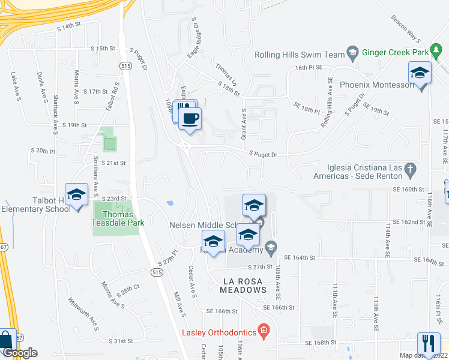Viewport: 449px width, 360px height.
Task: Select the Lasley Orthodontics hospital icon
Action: pos(263,331)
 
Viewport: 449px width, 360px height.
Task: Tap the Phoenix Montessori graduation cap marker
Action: pos(420,74)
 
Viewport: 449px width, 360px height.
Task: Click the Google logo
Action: pos(20,353)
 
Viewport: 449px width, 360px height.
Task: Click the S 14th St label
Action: pos(68,26)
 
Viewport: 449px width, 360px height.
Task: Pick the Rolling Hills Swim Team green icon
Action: pos(352,53)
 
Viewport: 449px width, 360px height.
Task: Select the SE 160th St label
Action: pos(411,188)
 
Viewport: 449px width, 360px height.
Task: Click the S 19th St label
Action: pos(76,125)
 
